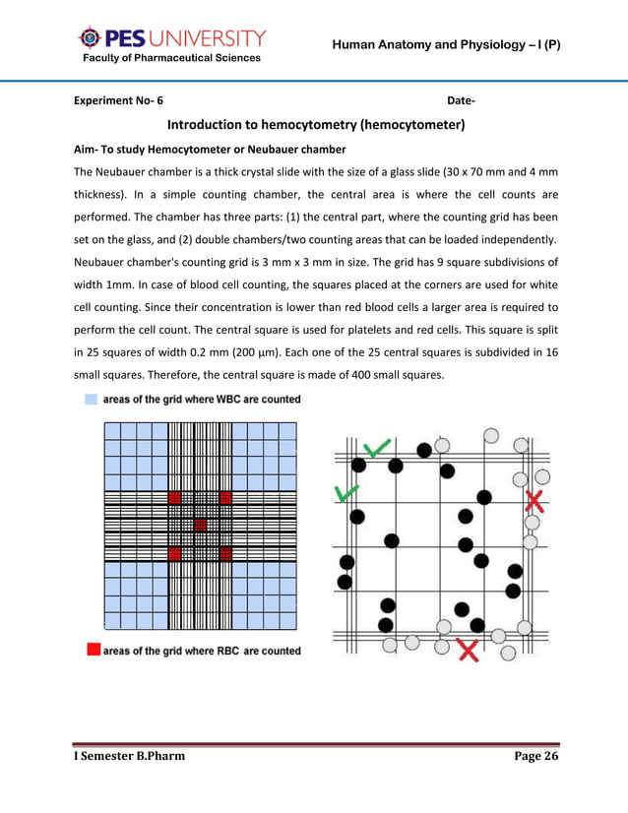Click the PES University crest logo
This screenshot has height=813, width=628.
point(90,38)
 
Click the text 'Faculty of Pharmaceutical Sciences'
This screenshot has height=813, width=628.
point(171,58)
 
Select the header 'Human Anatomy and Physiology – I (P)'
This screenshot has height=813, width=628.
point(446,45)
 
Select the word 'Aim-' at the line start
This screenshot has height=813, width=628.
point(92,150)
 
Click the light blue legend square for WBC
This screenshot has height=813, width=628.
point(92,400)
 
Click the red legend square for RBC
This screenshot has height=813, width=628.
point(93,650)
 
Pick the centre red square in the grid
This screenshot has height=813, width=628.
point(200,525)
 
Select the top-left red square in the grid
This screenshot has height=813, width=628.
point(174,497)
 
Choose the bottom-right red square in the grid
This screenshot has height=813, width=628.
point(225,553)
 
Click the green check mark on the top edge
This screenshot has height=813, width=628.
point(375,449)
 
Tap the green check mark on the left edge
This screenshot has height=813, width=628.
point(346,492)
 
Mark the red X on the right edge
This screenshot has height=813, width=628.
point(534,501)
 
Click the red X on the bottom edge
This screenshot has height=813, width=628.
point(469,650)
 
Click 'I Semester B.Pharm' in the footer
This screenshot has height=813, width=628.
point(130,755)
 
